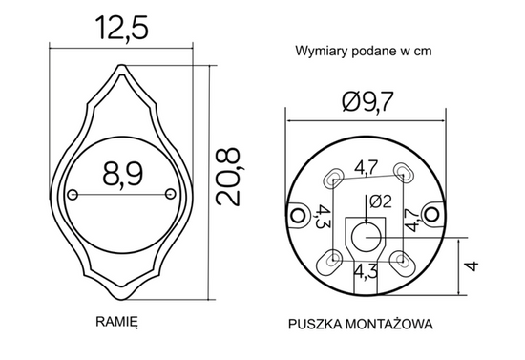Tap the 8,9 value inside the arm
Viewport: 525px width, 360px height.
point(121,174)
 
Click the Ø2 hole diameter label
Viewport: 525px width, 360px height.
point(375,202)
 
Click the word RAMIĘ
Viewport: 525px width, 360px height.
point(117,323)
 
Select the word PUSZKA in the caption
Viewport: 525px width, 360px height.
point(315,324)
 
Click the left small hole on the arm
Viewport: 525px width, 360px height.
point(73,195)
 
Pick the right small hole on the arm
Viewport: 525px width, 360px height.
point(170,195)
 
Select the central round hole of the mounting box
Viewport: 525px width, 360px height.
point(367,235)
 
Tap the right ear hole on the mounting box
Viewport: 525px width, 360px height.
point(435,213)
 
